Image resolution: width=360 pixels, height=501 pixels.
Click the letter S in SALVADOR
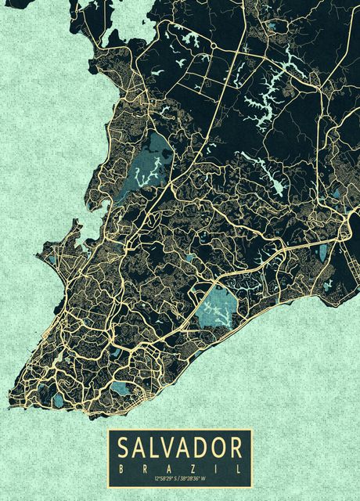[x=124, y=448]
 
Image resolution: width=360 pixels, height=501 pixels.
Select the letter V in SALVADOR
[x=170, y=448]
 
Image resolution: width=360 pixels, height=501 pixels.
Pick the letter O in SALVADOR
[x=218, y=448]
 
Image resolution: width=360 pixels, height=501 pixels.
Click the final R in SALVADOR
[x=236, y=448]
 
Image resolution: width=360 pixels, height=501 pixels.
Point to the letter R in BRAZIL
[x=145, y=467]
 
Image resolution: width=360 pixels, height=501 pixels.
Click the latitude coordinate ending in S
[x=165, y=478]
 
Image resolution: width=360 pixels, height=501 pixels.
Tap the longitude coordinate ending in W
[x=193, y=478]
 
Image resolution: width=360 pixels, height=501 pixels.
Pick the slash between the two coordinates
[x=179, y=478]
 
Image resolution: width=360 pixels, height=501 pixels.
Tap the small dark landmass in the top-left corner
[x=20, y=3]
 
